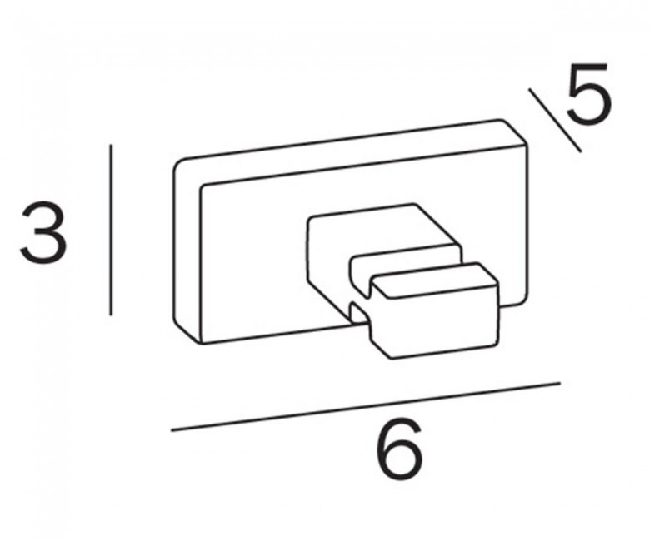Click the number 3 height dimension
43,232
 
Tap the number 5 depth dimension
588,93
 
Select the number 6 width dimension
400,449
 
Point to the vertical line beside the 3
111,230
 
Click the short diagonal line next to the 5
555,120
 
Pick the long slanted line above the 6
366,406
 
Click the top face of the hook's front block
433,280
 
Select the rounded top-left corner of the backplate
179,165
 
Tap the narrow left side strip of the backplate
187,252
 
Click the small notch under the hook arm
359,312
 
